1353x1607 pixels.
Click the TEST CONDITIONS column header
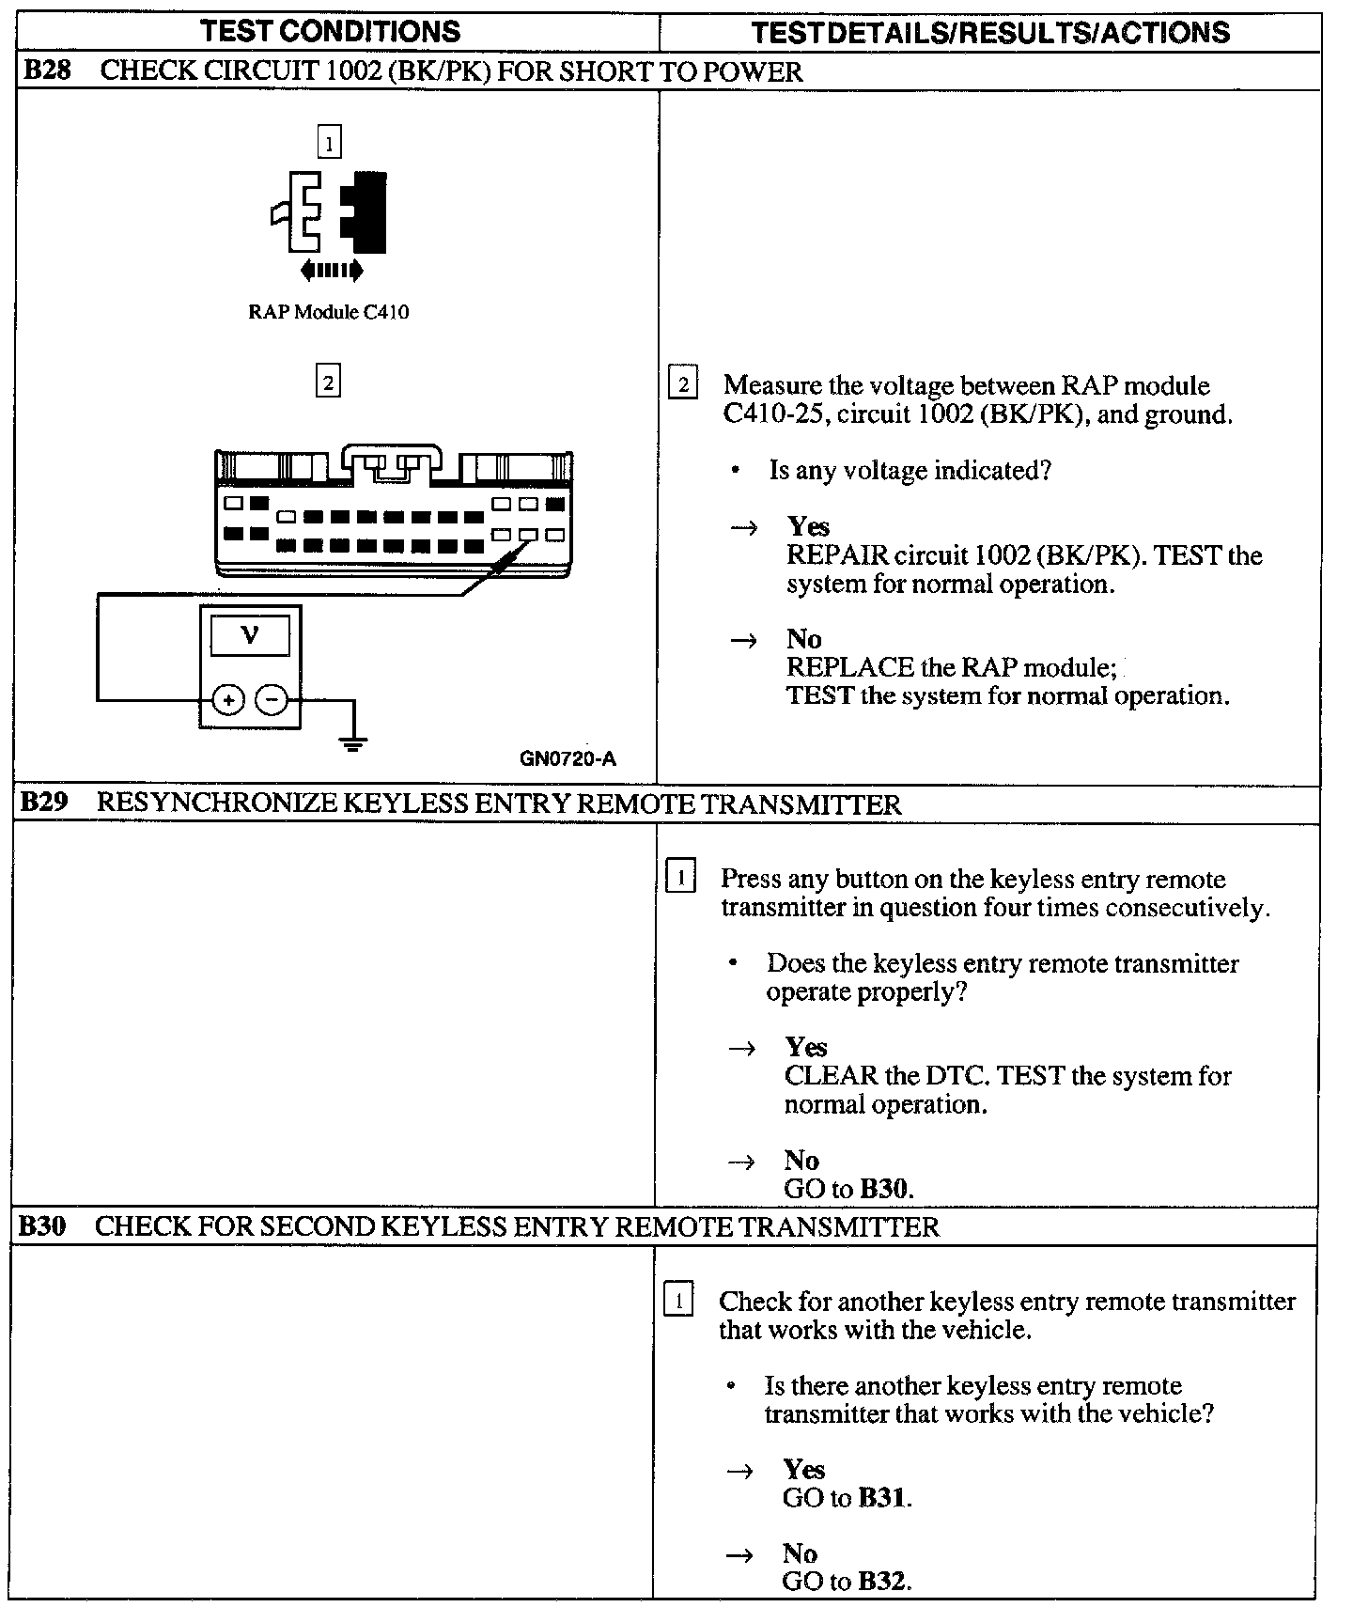331,31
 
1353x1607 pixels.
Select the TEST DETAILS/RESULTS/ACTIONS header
990,33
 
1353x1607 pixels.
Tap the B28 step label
46,71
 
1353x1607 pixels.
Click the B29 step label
43,803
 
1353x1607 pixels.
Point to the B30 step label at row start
42,1226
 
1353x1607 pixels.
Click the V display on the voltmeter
250,636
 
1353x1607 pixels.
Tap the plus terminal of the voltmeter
228,699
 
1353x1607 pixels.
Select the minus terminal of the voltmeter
272,699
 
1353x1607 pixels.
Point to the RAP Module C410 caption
328,312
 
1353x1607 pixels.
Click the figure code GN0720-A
568,759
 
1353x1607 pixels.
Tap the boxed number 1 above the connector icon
328,143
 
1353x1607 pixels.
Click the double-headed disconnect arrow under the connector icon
331,271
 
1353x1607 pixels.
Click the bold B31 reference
883,1497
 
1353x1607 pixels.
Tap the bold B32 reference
883,1581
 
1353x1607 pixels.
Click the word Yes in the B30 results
804,1469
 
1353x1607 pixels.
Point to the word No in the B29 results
801,1160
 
